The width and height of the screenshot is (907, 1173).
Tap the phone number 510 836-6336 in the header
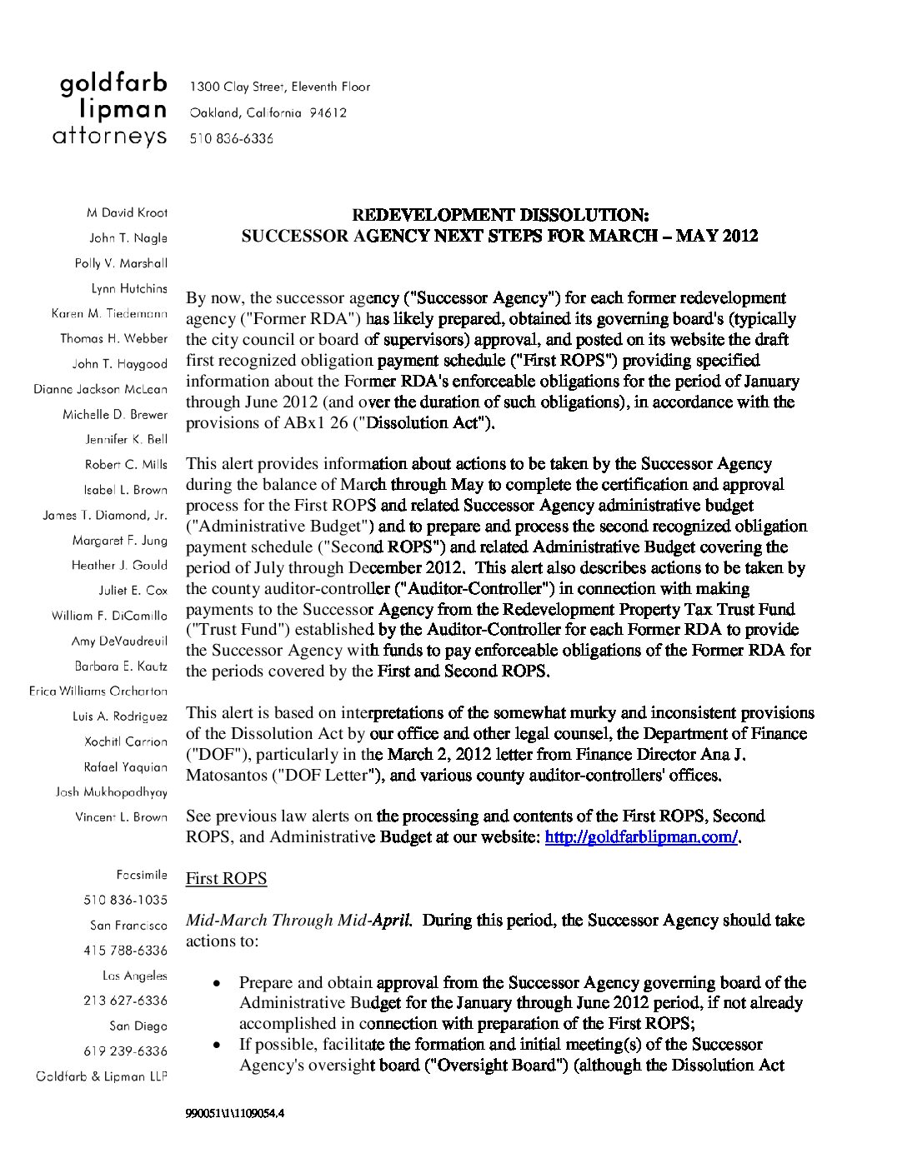(232, 139)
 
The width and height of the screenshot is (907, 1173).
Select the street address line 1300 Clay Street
(280, 87)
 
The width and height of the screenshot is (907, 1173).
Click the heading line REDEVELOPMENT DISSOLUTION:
(500, 215)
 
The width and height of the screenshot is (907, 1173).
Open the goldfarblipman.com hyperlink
(642, 836)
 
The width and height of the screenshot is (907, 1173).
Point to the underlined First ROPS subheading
(226, 878)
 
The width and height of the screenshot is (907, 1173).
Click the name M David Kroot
(127, 212)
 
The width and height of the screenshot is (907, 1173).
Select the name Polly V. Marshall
(121, 263)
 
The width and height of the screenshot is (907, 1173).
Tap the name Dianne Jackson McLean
(100, 389)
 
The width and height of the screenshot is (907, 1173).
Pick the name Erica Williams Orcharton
(98, 691)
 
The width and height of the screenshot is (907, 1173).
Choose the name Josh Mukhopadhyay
(112, 791)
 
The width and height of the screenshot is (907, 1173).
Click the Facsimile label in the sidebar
(142, 875)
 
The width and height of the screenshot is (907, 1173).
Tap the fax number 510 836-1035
(125, 900)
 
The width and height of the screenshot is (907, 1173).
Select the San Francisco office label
(128, 925)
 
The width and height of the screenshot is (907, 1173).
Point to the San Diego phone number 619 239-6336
(125, 1051)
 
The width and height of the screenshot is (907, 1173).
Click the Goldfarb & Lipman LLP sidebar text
(102, 1076)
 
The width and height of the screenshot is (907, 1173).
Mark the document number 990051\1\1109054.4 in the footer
(235, 1113)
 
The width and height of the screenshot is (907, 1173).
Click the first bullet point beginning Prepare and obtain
(521, 1002)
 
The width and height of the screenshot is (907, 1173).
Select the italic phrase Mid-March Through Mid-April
(298, 920)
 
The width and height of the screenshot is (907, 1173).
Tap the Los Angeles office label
(134, 976)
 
